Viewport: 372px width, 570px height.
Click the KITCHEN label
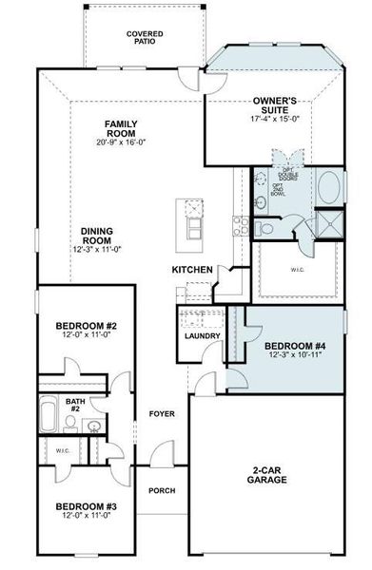point(191,271)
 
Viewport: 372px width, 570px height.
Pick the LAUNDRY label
point(203,336)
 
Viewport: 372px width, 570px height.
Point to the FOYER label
point(163,413)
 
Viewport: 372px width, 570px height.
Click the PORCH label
point(162,491)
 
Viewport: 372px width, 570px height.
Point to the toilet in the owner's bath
point(267,229)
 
